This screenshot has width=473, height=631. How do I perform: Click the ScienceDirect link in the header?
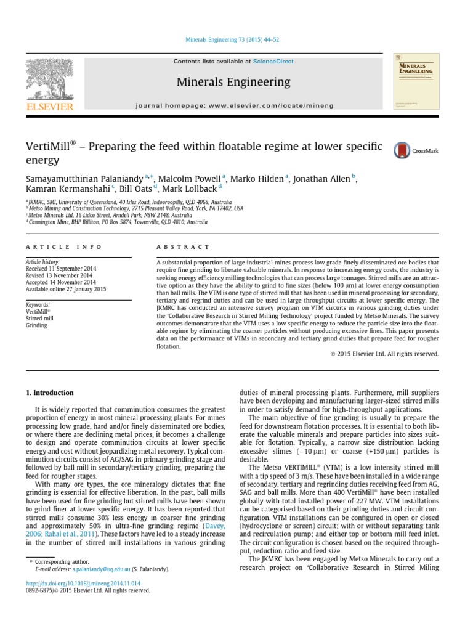(x=273, y=62)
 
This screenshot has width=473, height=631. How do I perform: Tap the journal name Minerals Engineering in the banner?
(x=233, y=82)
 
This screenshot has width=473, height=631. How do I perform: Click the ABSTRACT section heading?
(x=183, y=246)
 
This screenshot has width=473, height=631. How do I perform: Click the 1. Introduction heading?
(x=49, y=393)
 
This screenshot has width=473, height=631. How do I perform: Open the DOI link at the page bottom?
(x=83, y=582)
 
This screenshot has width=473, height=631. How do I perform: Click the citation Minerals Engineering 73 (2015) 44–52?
(x=232, y=40)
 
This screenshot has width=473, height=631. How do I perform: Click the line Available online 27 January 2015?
(x=66, y=289)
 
